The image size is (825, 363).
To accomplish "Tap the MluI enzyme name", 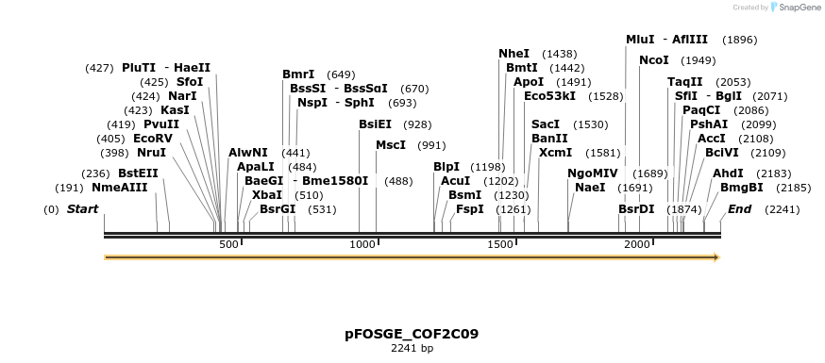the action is pyautogui.click(x=640, y=40).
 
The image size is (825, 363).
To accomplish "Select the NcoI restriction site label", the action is pyautogui.click(x=653, y=60).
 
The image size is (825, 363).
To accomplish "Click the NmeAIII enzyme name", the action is pyautogui.click(x=120, y=188).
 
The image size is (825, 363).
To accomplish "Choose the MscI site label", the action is pyautogui.click(x=390, y=145).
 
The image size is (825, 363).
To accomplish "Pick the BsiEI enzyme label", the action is pyautogui.click(x=375, y=124).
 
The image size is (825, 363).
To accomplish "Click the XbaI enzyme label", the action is pyautogui.click(x=267, y=195).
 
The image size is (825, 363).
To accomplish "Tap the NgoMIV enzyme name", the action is pyautogui.click(x=592, y=173).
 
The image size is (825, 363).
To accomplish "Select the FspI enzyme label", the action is pyautogui.click(x=469, y=209).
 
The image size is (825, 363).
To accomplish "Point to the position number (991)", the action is pyautogui.click(x=431, y=145).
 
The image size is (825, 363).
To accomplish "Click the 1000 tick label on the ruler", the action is pyautogui.click(x=363, y=244).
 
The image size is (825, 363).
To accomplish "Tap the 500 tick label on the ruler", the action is pyautogui.click(x=228, y=244).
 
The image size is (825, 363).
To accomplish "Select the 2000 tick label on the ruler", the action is pyautogui.click(x=638, y=244).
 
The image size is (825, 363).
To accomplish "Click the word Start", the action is pyautogui.click(x=82, y=209).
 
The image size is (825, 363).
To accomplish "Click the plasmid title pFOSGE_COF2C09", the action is pyautogui.click(x=412, y=334).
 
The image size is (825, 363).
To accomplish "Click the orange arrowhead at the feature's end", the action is pyautogui.click(x=716, y=257).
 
